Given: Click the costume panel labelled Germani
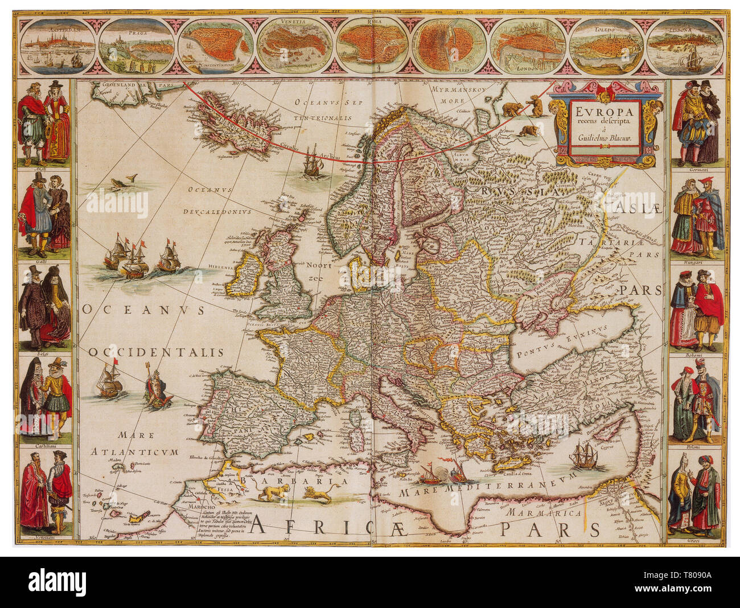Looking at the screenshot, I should pyautogui.click(x=696, y=122).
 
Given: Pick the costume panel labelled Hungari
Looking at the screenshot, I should pyautogui.click(x=696, y=216).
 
